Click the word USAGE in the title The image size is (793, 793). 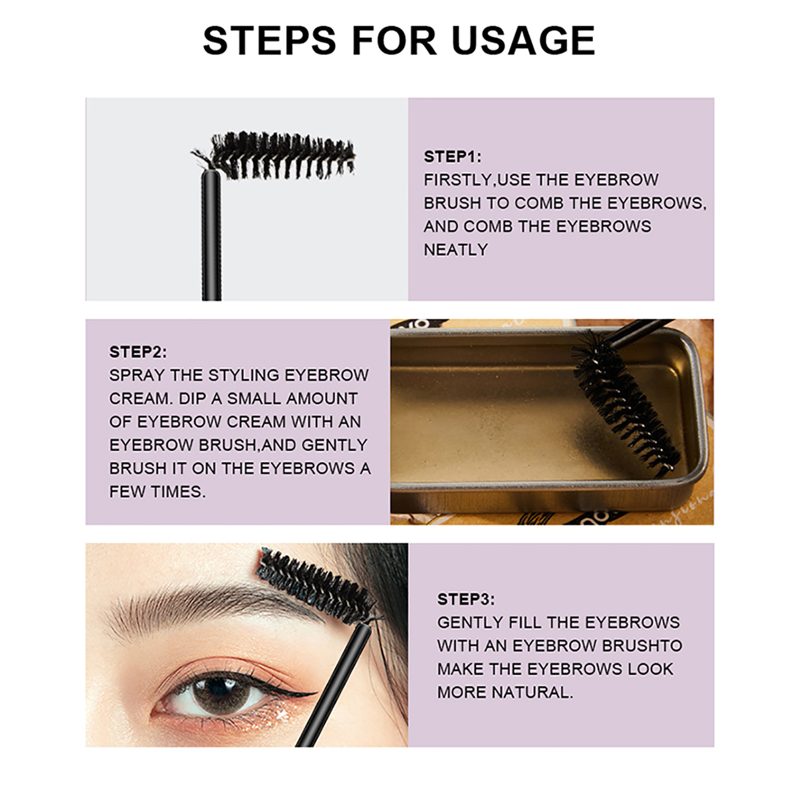coord(523,40)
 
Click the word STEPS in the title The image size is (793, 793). coord(270,40)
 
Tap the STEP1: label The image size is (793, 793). coord(452,157)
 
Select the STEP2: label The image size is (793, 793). coord(138,352)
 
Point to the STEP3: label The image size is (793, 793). coord(466,599)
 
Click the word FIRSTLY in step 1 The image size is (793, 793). coord(457,180)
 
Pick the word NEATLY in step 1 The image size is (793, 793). coord(456,249)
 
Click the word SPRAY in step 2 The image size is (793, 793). coord(137,375)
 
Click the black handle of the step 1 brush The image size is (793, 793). coord(212,235)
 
